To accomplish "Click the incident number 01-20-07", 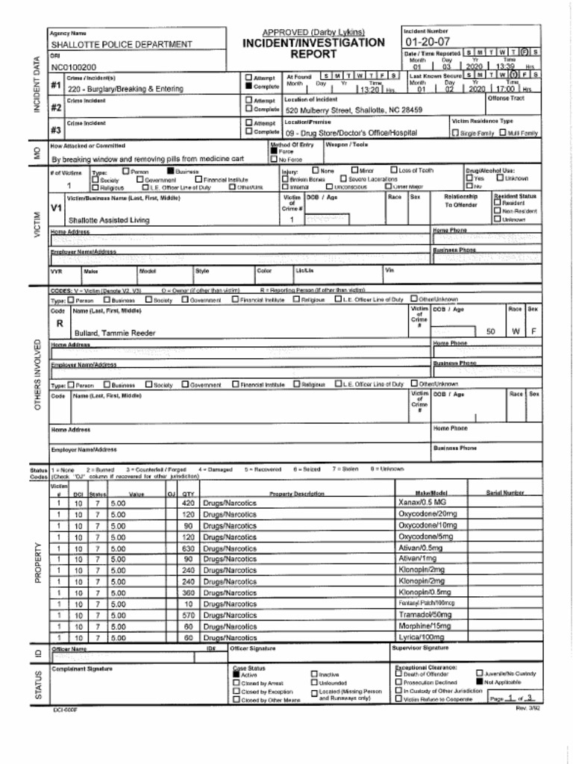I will (427, 42).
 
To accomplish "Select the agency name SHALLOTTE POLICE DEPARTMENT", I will (121, 45).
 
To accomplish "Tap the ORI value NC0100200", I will (73, 67).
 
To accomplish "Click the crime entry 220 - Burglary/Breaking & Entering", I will (125, 89).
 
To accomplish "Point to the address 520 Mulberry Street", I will (354, 110).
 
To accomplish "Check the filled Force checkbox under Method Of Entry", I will (274, 151).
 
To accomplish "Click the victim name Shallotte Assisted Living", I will (109, 220).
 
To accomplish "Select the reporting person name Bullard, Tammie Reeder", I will (115, 333).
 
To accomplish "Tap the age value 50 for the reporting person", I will (490, 332).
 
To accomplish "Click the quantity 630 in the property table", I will (188, 548).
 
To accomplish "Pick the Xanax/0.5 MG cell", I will (422, 503).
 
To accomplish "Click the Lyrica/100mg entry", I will (421, 638).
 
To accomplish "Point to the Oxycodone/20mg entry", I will (428, 514).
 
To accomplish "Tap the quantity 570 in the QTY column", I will (188, 616).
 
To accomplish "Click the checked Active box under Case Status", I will (237, 674).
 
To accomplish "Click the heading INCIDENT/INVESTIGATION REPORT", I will (313, 48).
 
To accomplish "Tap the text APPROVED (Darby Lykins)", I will (313, 32).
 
